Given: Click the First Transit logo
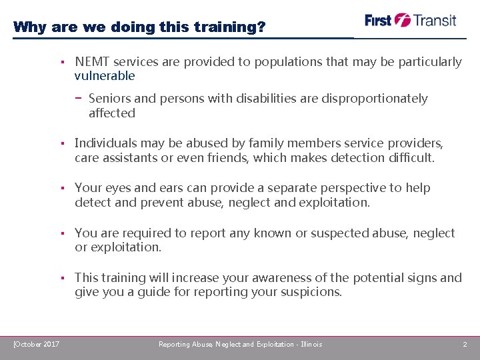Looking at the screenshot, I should click(x=410, y=20).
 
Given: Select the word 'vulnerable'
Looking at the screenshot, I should click(x=105, y=76).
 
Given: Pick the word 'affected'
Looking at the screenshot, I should click(x=112, y=113).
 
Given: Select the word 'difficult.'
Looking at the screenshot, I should click(x=411, y=158).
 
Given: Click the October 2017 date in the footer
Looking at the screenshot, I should click(x=37, y=344).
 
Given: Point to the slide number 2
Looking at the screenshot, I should click(x=465, y=344).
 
